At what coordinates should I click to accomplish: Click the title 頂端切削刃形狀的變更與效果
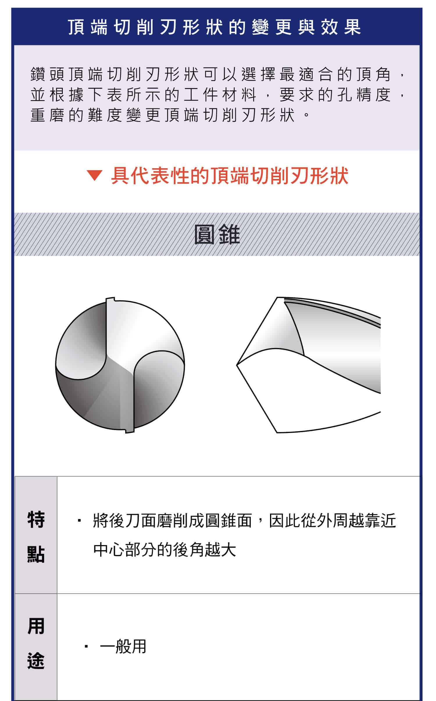point(215,27)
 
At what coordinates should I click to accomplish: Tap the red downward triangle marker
point(94,175)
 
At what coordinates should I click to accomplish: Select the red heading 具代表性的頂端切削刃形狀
point(230,175)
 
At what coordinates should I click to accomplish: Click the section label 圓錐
point(217,235)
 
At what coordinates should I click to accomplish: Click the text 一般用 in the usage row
point(123,647)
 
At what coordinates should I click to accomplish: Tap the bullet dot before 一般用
point(86,647)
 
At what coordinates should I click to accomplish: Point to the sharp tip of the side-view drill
point(238,365)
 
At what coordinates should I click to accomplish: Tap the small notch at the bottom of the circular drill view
point(130,430)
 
